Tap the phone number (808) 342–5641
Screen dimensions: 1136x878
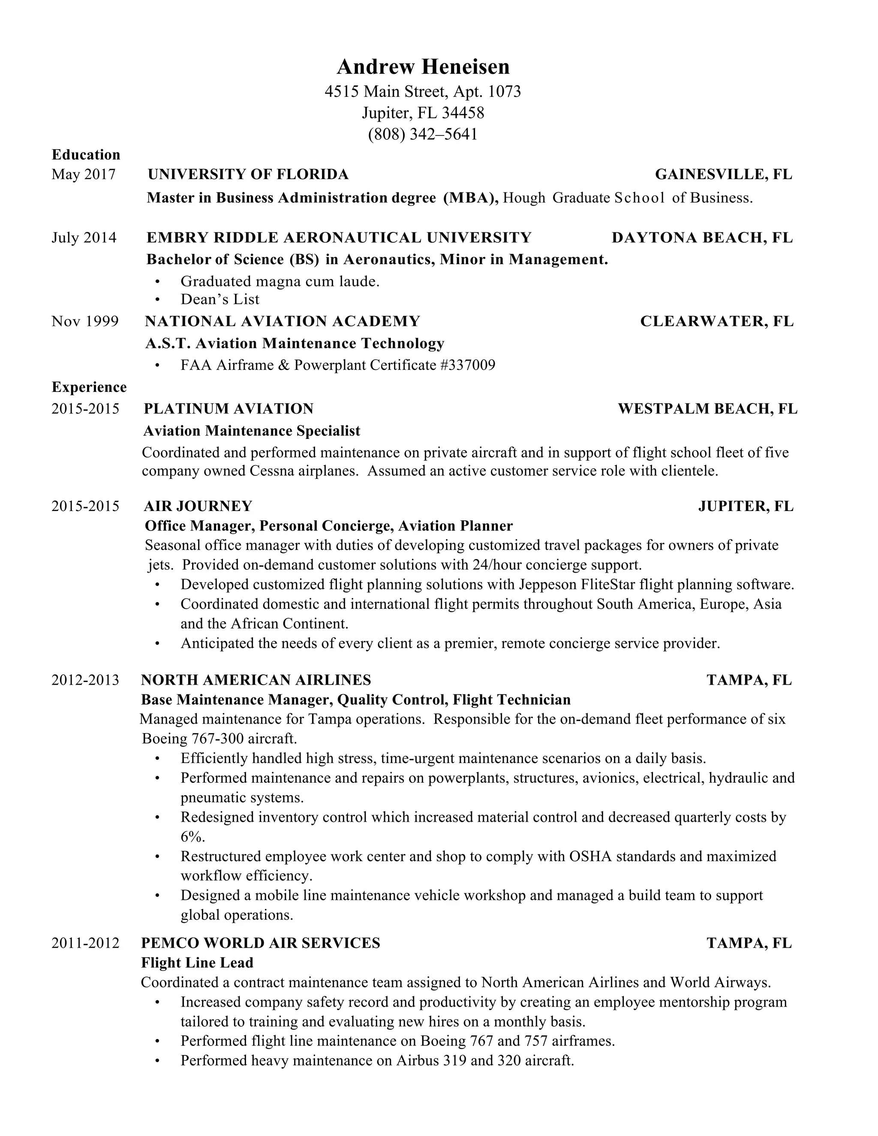coord(422,134)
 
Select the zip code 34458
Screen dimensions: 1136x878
coord(463,112)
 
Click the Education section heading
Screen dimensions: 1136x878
coord(86,154)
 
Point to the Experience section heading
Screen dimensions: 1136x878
coord(89,387)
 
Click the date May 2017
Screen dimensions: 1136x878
coord(83,174)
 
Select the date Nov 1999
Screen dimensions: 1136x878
coord(85,322)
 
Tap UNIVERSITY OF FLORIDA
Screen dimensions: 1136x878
coord(248,174)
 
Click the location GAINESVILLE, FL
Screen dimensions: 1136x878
coord(724,174)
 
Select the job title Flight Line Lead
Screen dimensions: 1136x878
coord(197,963)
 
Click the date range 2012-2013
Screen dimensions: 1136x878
coord(85,680)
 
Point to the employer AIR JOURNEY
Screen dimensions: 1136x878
coord(198,506)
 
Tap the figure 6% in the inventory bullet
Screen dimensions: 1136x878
coord(192,837)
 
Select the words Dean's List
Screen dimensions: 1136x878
coord(219,300)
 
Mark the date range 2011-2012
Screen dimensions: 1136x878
coord(85,943)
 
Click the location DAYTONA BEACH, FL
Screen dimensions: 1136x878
coord(702,238)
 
